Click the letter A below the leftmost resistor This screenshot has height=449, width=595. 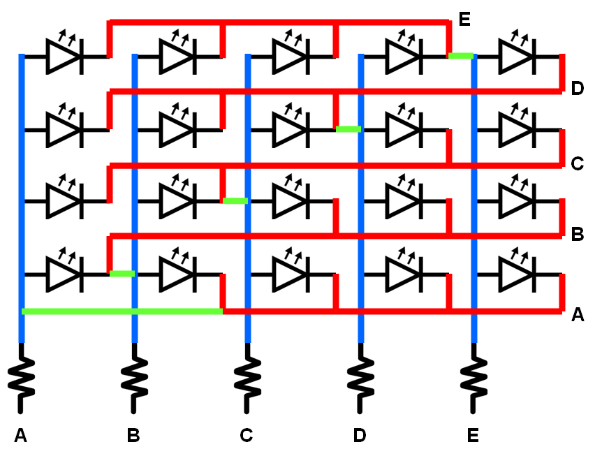20,436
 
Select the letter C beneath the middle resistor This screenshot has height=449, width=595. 246,436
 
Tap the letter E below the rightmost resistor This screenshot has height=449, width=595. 473,436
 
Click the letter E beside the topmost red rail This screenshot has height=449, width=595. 464,19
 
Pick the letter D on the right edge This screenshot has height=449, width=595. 577,89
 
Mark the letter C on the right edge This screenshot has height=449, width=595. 577,164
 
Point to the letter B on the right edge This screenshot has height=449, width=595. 577,234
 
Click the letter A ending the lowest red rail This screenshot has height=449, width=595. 577,315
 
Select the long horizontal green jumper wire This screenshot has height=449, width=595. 122,311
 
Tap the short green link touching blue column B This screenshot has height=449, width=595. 122,274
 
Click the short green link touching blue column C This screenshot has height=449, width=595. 235,201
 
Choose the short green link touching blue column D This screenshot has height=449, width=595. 348,129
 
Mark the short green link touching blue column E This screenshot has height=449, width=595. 461,56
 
